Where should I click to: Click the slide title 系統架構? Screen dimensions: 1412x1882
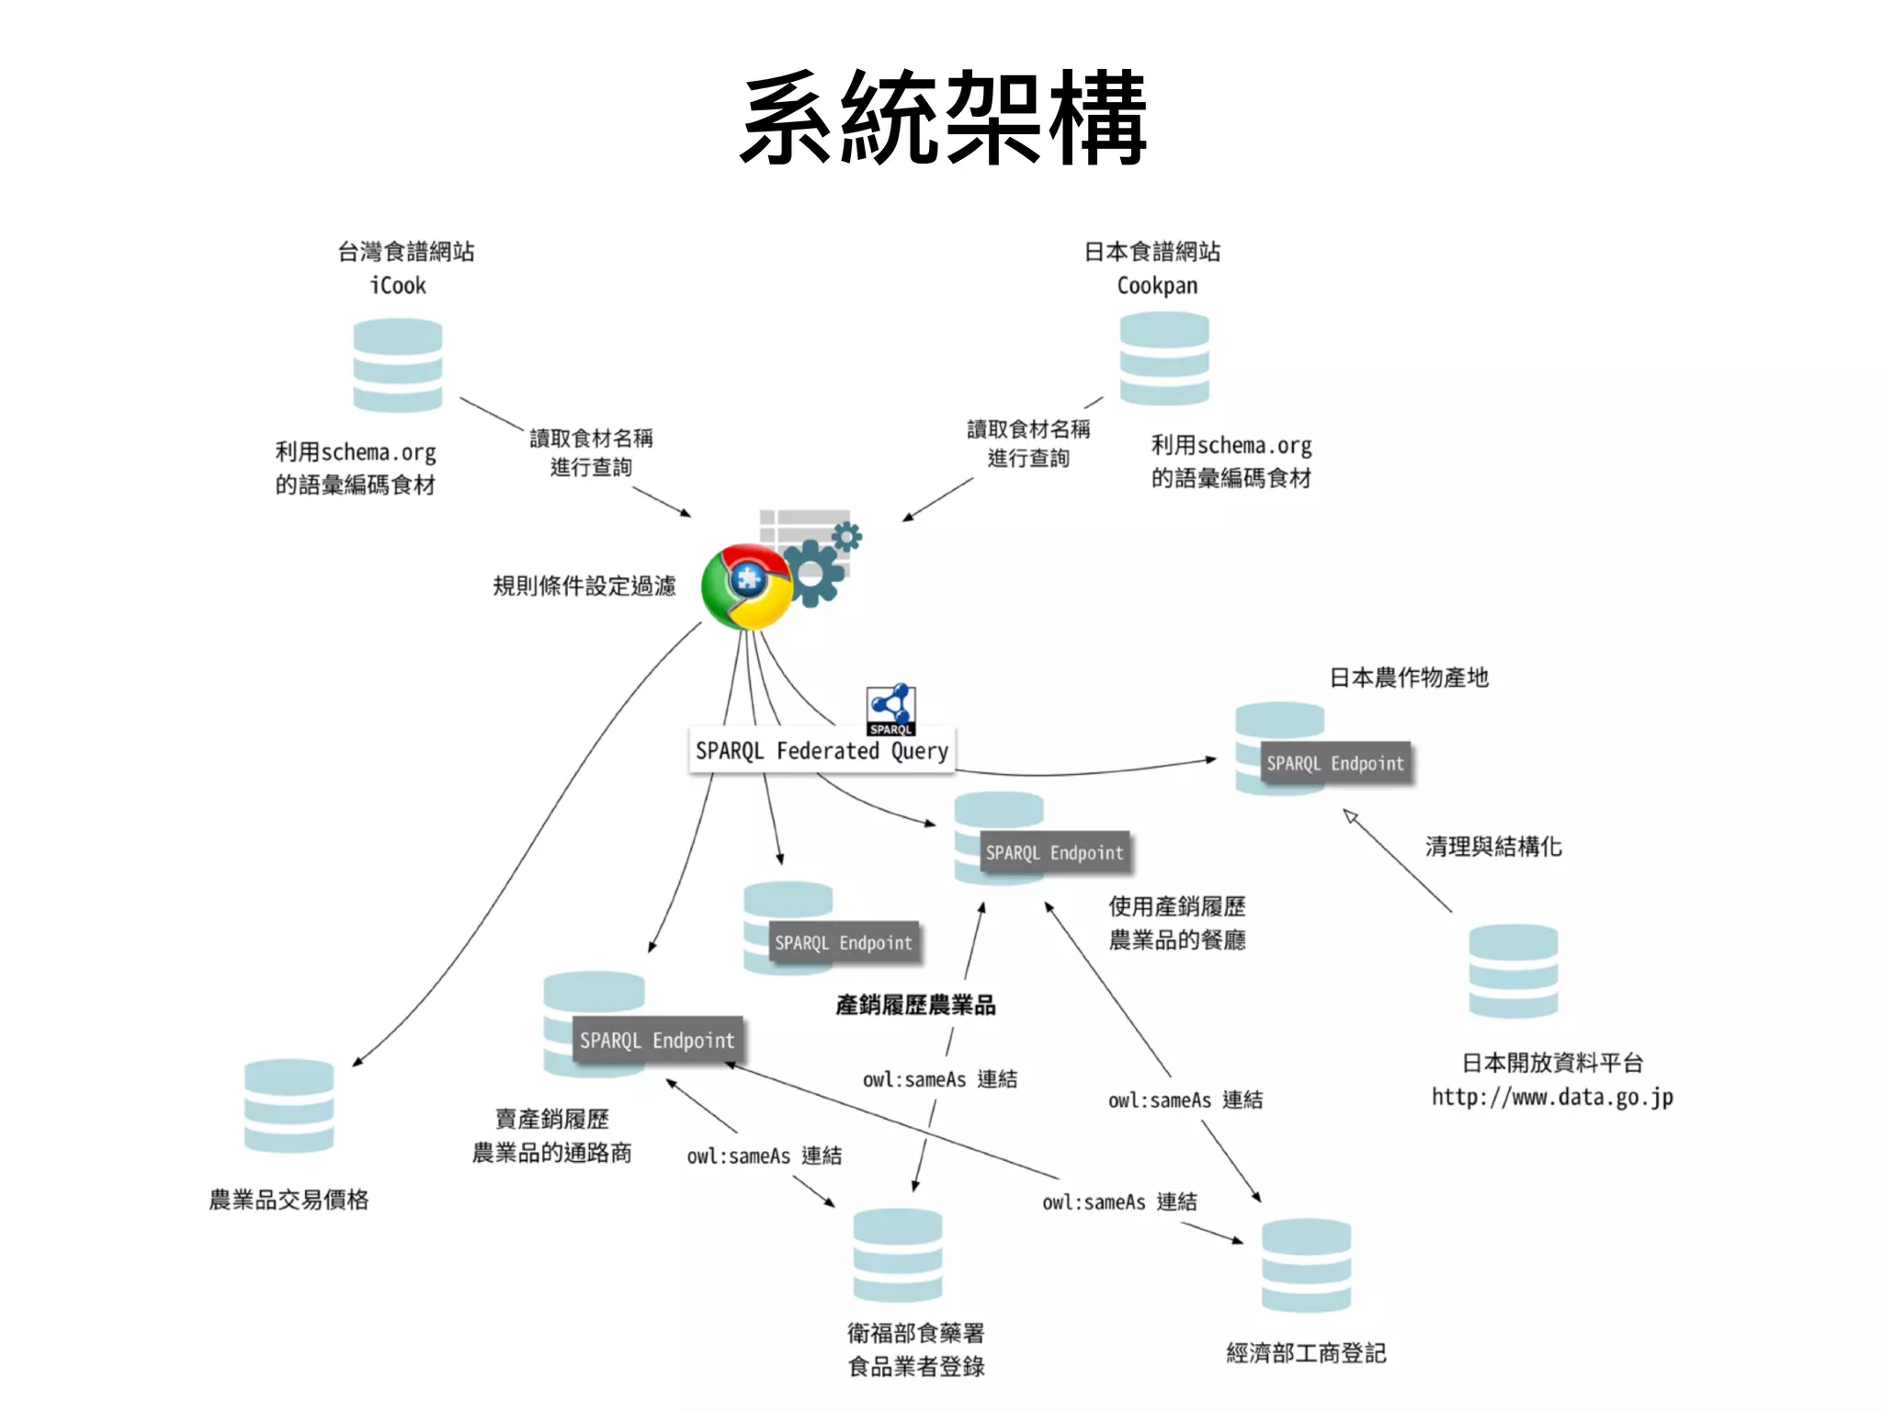943,120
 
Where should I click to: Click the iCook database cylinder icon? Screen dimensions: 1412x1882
398,365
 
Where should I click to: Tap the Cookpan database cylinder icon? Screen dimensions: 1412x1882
1164,359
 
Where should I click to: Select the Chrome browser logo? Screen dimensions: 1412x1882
746,586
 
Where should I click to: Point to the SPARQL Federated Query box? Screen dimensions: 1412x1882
822,750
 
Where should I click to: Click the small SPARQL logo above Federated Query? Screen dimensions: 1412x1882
890,709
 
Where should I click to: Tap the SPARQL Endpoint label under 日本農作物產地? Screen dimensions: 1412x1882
1335,763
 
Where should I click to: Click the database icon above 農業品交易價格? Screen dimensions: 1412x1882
289,1106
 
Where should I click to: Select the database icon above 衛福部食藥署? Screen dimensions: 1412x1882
898,1255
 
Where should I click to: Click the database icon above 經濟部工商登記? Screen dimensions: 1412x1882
1306,1265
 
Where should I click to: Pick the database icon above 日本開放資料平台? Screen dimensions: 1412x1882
1513,971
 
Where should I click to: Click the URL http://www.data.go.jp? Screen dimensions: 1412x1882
1552,1097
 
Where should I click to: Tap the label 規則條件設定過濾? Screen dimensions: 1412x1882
584,586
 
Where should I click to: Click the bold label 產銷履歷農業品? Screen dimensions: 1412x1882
915,1005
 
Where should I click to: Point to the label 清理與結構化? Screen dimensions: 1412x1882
1493,846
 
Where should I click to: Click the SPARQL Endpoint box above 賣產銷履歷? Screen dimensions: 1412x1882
657,1040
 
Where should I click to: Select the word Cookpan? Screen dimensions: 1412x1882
1157,286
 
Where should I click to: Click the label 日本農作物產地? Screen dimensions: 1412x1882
1409,678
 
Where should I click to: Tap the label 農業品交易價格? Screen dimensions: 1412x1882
289,1200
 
